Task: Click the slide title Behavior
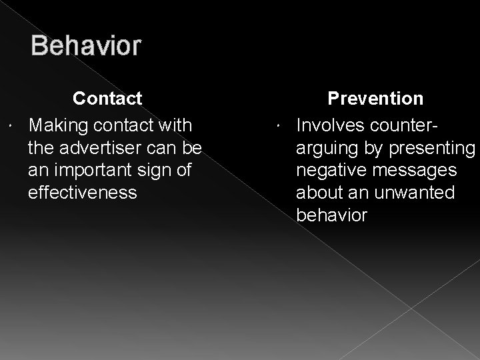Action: pos(85,46)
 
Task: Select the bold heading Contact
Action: pos(107,99)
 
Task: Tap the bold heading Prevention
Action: pos(375,99)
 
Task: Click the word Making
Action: pos(61,125)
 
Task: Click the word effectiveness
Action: pos(83,193)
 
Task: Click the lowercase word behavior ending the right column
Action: pos(331,215)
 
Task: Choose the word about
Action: pos(319,193)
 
